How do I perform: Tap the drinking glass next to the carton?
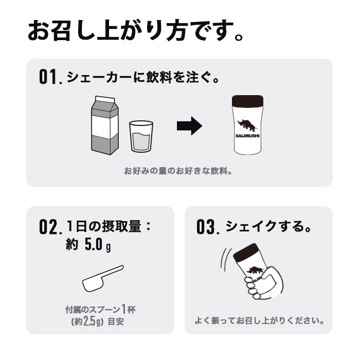tap(141, 136)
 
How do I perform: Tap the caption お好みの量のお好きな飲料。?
tap(178, 170)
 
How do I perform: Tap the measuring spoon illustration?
tap(103, 279)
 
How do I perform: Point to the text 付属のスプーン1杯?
tap(100, 310)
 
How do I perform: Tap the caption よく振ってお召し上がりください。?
tap(259, 321)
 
